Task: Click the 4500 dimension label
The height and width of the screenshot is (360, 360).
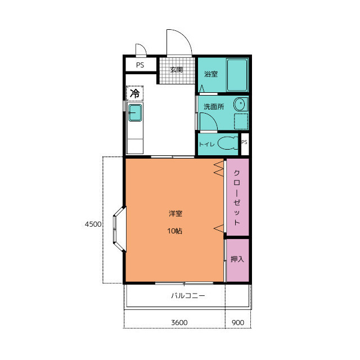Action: point(93,224)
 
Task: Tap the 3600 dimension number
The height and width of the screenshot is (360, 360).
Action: point(179,322)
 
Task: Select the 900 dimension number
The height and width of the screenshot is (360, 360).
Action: point(238,322)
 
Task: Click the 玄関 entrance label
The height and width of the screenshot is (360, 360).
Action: point(176,70)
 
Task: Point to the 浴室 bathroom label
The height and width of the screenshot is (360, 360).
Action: point(211,74)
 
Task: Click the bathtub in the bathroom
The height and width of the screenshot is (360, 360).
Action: point(237,75)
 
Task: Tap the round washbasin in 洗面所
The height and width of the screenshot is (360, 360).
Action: point(240,104)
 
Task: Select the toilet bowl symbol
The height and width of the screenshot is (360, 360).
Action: point(228,143)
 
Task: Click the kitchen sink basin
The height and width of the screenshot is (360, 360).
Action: point(135,112)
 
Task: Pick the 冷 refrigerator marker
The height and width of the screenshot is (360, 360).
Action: point(135,93)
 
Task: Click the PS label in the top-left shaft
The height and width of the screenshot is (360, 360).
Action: point(140,65)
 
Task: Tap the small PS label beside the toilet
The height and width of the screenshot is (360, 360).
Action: point(244,142)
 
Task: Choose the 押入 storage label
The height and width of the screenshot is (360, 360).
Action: point(237,259)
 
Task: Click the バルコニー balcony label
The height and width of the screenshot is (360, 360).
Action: point(188,295)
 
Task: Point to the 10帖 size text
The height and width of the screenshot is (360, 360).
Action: point(175,231)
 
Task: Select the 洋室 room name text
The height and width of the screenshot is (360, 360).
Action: point(175,214)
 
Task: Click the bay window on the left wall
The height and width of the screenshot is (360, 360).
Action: point(119,229)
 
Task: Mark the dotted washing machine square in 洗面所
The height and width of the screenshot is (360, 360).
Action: point(241,121)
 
